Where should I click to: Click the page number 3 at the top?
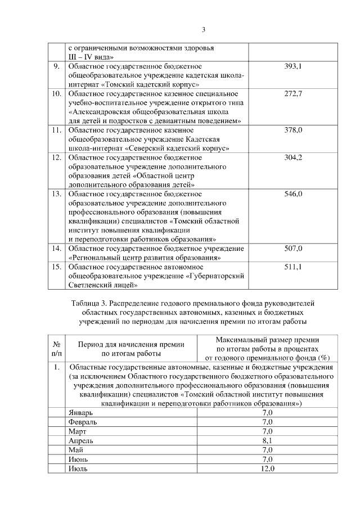point(204,30)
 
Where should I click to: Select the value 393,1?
point(293,66)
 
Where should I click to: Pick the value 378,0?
point(293,130)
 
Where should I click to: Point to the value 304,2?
point(293,157)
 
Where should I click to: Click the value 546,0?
point(293,194)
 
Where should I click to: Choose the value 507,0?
point(293,249)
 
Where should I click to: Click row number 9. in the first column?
point(56,66)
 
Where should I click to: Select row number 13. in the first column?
point(56,194)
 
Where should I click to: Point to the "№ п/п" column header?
point(56,349)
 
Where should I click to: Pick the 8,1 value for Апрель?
point(267,442)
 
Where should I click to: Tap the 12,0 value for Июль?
point(267,469)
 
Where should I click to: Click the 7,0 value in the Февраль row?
point(267,422)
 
